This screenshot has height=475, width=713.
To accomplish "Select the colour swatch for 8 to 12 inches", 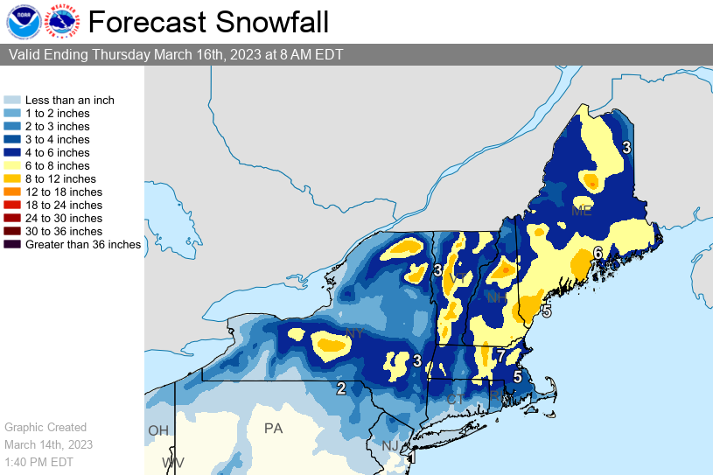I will (x=12, y=178).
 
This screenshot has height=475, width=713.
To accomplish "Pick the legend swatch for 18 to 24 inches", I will (x=12, y=205).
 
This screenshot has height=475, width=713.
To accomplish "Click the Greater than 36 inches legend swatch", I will (x=12, y=244).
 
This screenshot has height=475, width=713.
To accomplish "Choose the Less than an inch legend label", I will (x=70, y=101).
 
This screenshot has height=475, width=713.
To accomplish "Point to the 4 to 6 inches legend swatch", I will (x=12, y=152).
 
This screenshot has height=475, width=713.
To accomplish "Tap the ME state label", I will (x=581, y=211).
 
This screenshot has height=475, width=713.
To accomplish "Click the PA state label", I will (x=274, y=429).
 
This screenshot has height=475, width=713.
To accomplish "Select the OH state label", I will (x=157, y=430).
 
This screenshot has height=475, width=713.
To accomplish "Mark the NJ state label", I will (x=390, y=446).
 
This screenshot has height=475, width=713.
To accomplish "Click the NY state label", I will (x=354, y=334).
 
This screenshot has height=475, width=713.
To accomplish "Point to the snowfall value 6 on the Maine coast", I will (x=598, y=253).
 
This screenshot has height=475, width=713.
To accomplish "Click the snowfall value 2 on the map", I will (x=341, y=388).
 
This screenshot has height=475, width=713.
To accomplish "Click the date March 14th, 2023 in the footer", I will (x=48, y=444).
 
